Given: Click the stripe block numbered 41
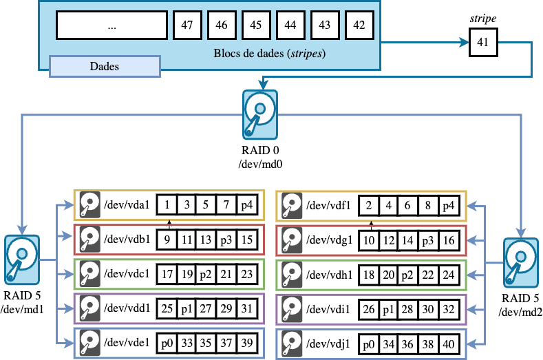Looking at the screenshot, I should coord(482,43).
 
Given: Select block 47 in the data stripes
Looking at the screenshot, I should coord(187,25).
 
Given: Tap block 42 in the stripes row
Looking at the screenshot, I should coord(359,25).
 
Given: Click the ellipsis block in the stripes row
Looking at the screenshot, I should coord(111,25).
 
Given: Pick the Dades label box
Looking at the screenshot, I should coord(105,67).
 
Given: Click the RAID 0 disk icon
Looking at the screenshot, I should coord(259,114).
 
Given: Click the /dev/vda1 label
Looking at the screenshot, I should coord(127,205).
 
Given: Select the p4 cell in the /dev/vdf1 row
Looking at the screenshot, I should coord(449,205).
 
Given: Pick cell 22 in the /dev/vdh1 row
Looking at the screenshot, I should coord(428,274).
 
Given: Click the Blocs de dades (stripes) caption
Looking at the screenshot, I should coord(270,53).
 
